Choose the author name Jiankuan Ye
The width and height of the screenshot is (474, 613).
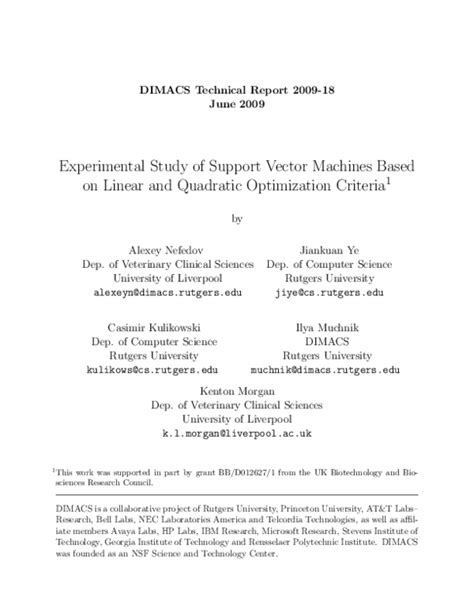(328, 248)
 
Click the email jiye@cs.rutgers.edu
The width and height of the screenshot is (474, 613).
(329, 297)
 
